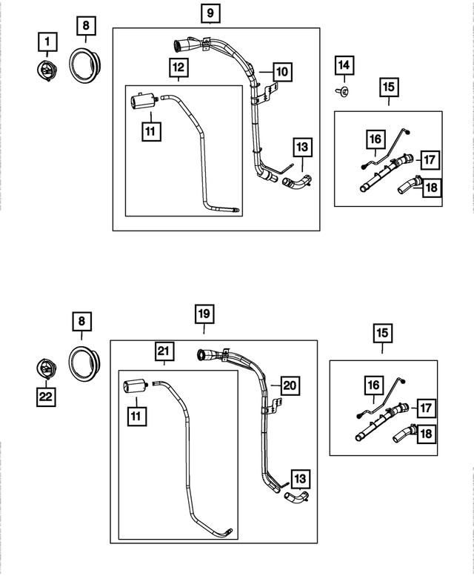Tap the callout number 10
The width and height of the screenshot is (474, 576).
coord(281,72)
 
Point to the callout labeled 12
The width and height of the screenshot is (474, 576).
coord(179,68)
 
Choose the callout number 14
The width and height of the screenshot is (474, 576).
coord(344,65)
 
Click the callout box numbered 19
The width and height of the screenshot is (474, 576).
coord(204,314)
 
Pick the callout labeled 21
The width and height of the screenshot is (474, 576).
coord(164,350)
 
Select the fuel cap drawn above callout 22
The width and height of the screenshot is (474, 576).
coord(46,368)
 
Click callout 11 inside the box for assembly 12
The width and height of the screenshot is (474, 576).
coord(151,133)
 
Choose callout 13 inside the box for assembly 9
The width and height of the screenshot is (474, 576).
coord(302,148)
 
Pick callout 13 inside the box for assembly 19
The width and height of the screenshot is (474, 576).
coord(301,478)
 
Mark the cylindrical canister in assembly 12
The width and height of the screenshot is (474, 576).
coord(141,100)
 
